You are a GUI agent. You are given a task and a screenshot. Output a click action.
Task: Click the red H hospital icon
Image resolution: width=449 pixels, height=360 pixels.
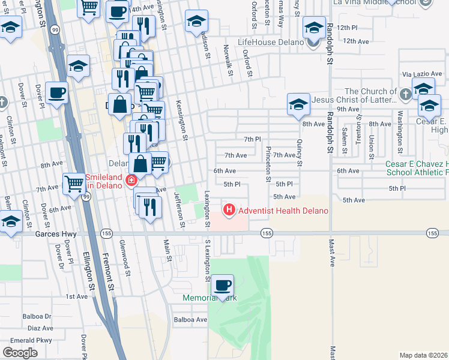(229, 210)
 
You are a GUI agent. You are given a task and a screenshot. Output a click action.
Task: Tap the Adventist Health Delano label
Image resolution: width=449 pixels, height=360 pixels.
(283, 211)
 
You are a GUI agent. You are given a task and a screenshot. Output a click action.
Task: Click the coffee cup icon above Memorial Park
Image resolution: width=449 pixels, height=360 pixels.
(223, 286)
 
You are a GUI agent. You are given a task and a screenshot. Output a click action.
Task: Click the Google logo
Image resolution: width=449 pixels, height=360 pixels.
(20, 353)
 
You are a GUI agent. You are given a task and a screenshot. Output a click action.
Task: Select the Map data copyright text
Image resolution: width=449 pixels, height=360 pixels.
(424, 355)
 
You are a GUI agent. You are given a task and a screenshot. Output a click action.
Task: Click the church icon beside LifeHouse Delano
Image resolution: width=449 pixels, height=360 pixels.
(313, 42)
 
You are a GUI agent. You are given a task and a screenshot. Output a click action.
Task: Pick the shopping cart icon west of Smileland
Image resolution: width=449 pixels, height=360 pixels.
(74, 182)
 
